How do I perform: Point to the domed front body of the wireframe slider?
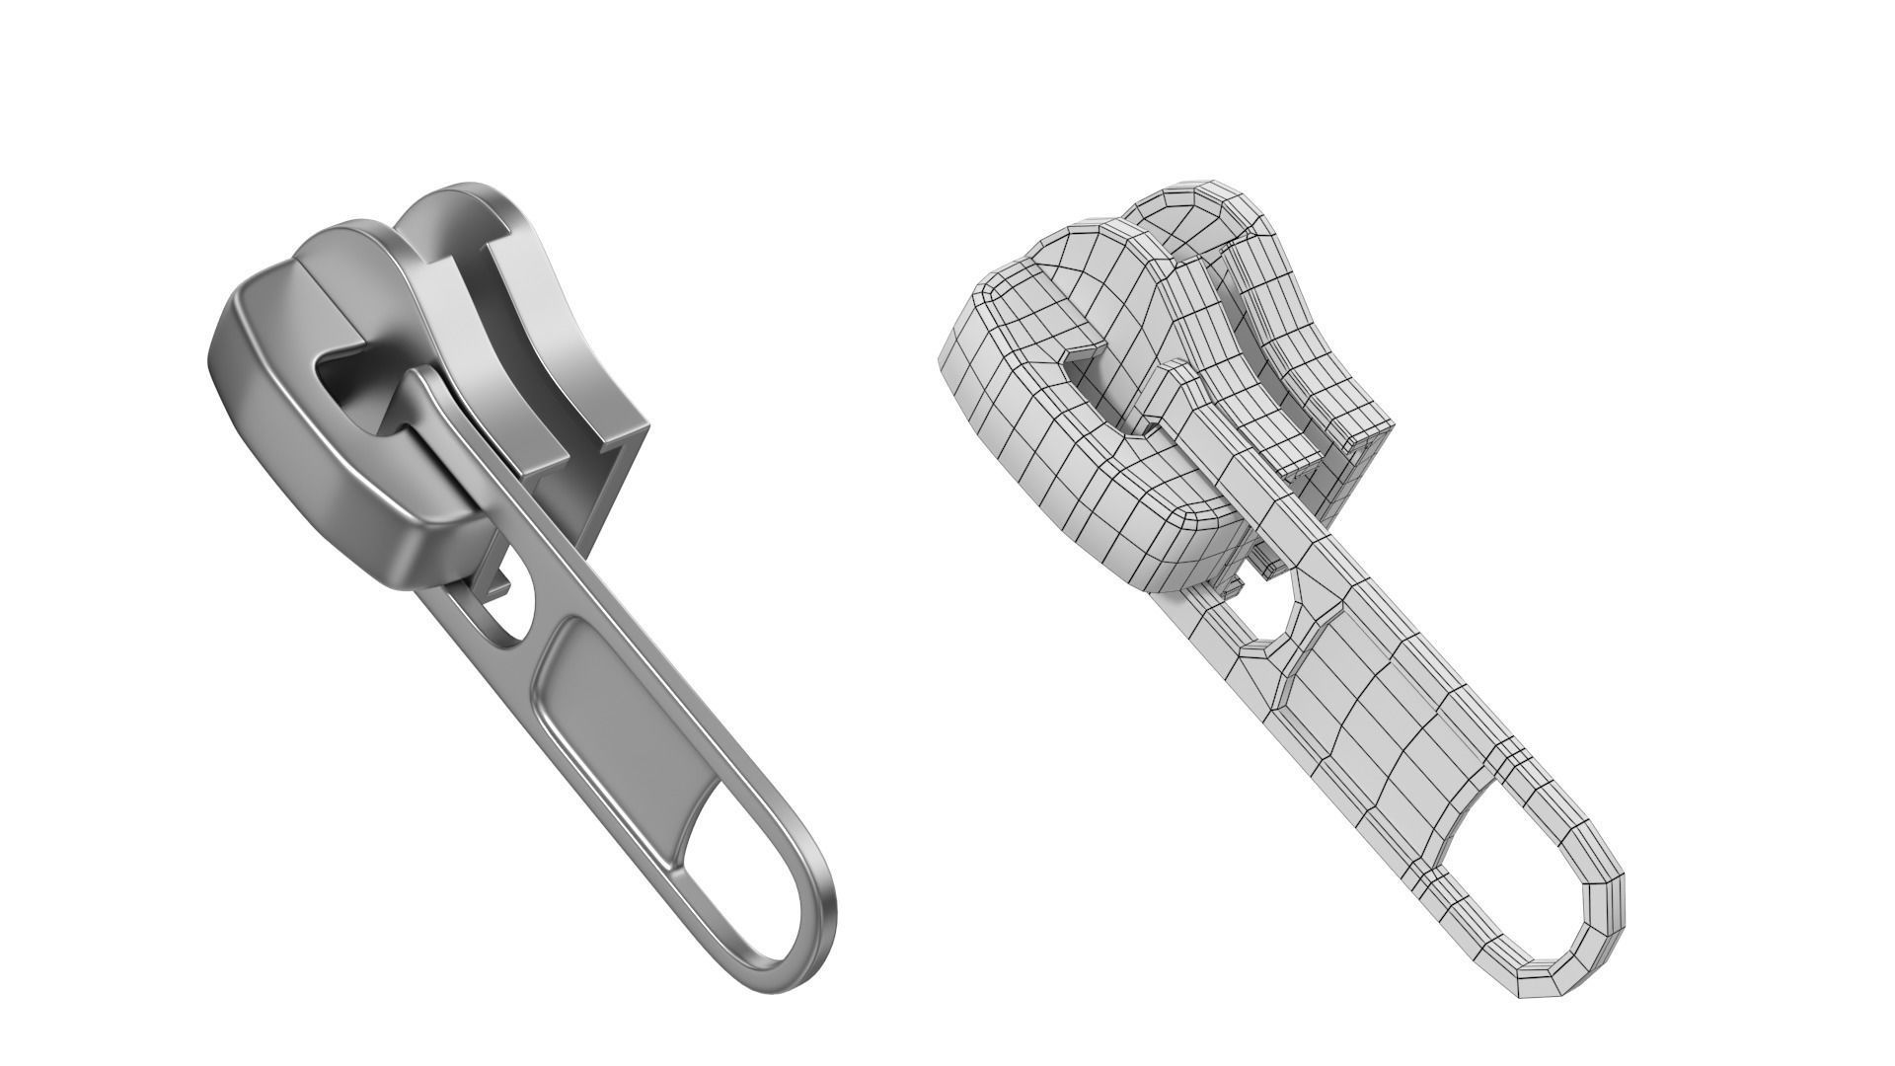1046,454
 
